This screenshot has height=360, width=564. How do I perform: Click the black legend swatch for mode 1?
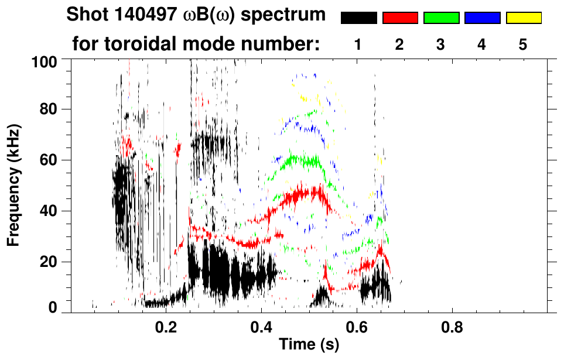pos(358,18)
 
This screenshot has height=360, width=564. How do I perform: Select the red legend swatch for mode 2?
pos(400,18)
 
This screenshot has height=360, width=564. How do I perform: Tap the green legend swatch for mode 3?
pos(441,18)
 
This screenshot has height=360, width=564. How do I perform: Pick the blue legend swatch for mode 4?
pos(482,18)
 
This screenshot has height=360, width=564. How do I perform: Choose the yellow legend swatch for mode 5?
pos(524,18)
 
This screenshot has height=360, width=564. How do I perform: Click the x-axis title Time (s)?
pos(309,345)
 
